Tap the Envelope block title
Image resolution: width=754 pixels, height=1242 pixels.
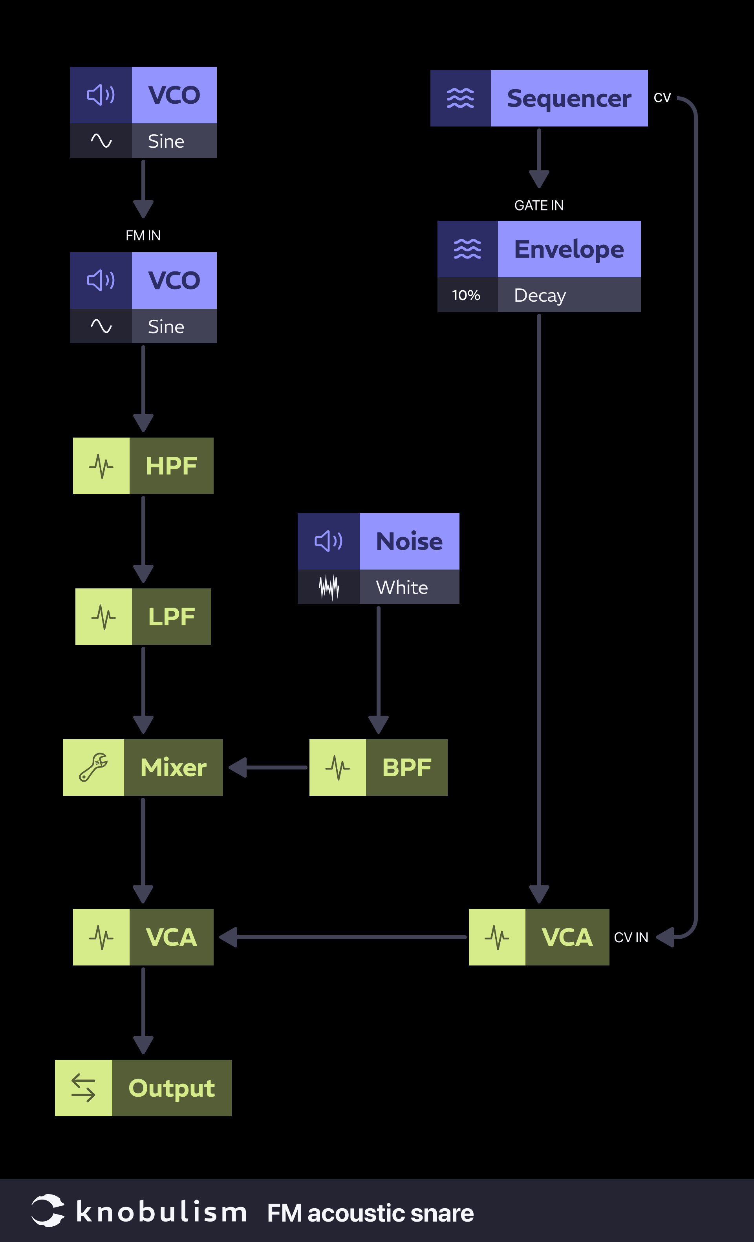(569, 249)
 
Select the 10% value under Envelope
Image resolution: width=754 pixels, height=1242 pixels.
(466, 295)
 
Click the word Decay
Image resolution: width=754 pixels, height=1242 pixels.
(540, 295)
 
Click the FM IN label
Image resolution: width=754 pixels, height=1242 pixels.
(143, 235)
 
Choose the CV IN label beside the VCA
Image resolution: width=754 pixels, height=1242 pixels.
(631, 938)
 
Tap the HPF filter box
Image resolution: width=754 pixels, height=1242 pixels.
(143, 466)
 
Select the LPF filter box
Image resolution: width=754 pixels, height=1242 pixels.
(143, 616)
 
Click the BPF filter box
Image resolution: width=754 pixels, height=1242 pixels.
(379, 768)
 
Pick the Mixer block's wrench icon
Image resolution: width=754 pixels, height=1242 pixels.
(93, 768)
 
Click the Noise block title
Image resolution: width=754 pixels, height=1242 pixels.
(409, 541)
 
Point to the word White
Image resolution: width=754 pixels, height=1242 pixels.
(402, 587)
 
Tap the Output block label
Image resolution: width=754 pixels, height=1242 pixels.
(172, 1089)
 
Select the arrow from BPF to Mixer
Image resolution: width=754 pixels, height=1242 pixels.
(267, 768)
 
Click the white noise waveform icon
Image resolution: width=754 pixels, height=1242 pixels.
(329, 587)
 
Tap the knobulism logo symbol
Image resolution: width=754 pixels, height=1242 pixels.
(48, 1210)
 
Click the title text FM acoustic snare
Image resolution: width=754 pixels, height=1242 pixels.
(370, 1213)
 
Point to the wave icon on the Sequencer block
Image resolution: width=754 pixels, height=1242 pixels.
(460, 98)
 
